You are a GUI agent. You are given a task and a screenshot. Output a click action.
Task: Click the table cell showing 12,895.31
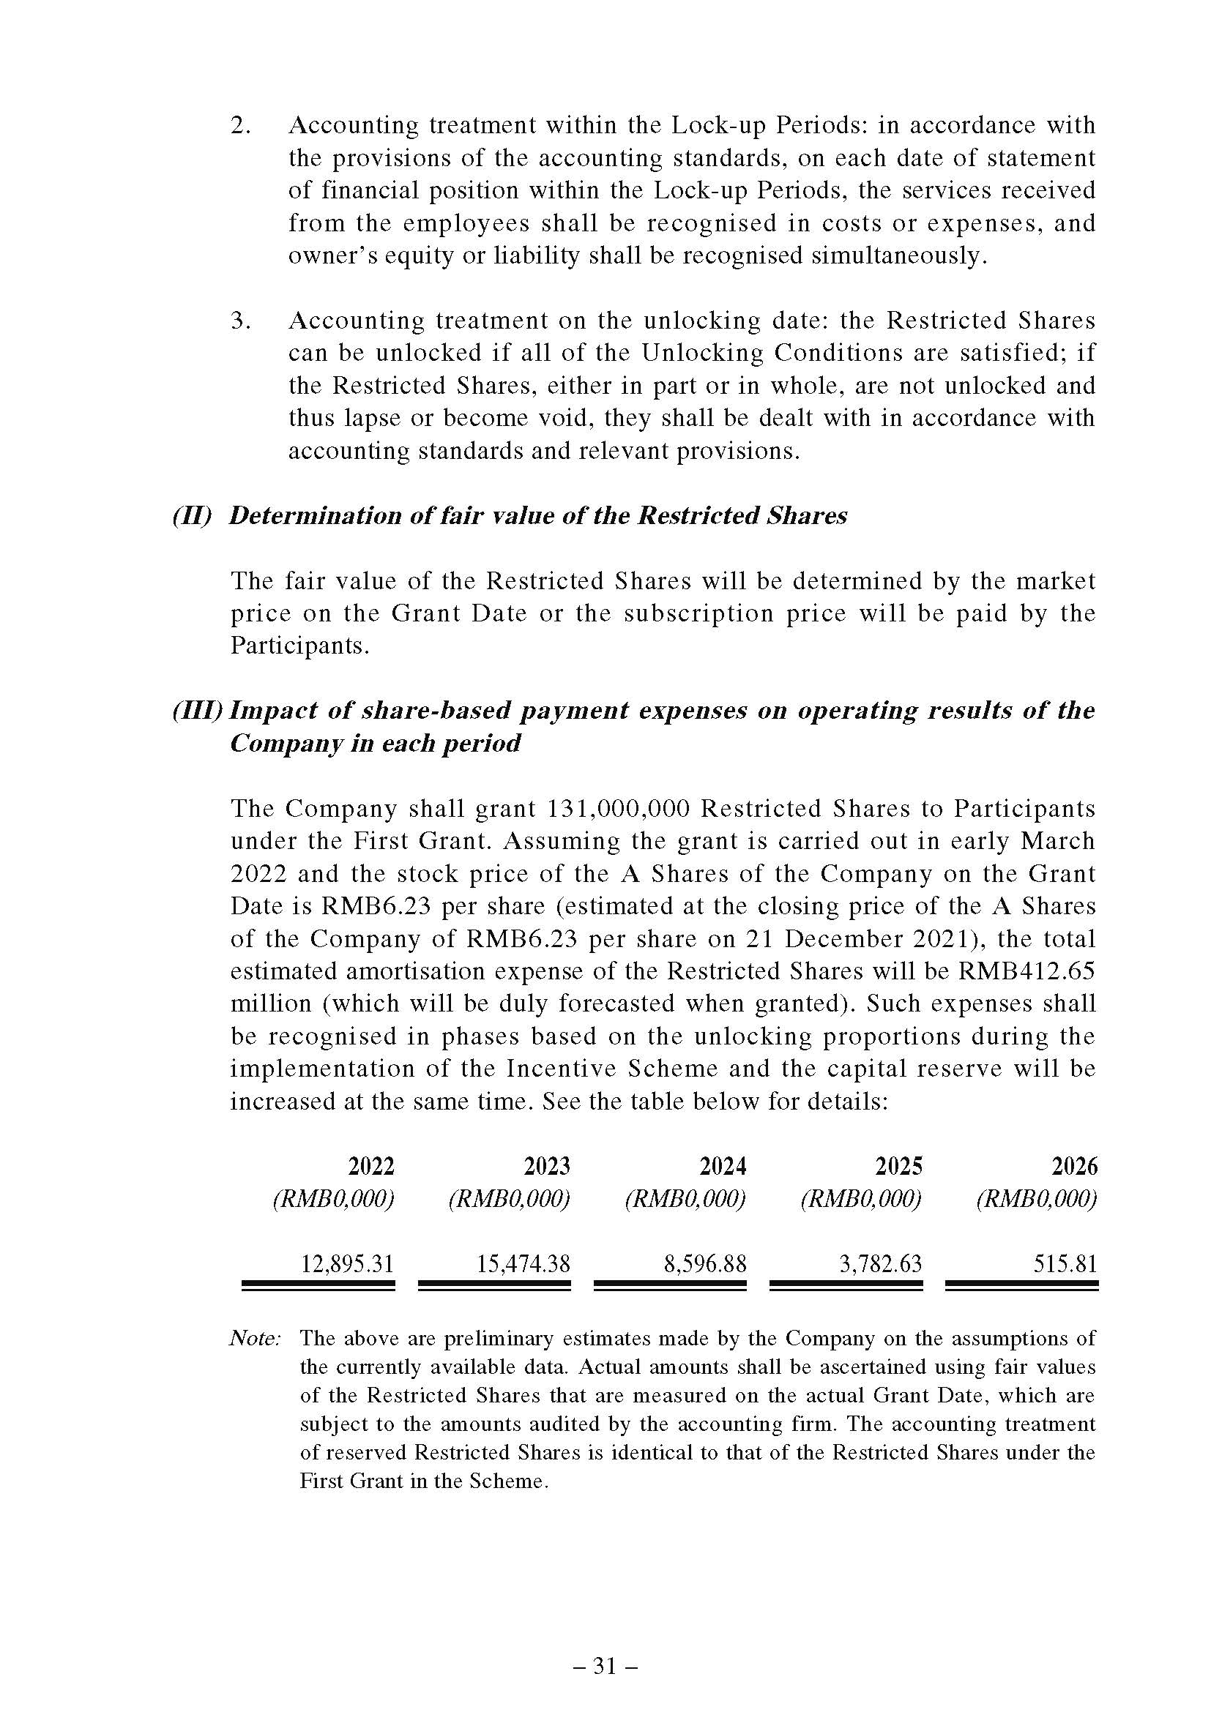[347, 1263]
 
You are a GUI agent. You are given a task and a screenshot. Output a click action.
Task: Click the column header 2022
[370, 1165]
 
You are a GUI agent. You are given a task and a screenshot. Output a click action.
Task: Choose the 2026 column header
[1075, 1165]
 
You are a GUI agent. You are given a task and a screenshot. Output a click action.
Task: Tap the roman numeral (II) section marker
[192, 516]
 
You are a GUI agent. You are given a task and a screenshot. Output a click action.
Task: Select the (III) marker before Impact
[198, 711]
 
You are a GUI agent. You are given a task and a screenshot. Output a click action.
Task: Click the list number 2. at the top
[240, 125]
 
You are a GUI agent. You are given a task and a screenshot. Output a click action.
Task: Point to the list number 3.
[240, 321]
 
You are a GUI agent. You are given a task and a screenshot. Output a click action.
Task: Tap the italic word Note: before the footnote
[254, 1339]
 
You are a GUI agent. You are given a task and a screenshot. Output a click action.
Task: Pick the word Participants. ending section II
[299, 646]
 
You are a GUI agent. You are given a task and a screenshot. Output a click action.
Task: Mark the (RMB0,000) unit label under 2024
[685, 1199]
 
